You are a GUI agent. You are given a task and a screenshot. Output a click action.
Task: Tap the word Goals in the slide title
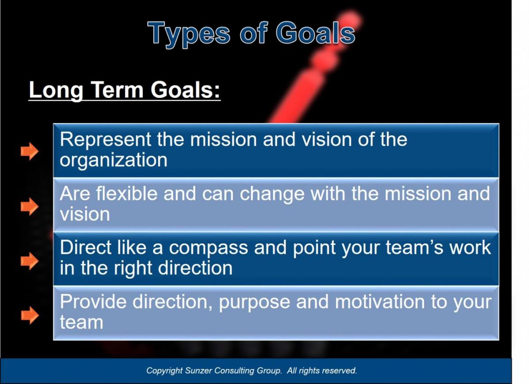[x=315, y=33]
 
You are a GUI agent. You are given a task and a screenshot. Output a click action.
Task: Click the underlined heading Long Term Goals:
[x=124, y=90]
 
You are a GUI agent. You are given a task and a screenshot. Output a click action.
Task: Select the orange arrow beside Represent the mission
[x=30, y=151]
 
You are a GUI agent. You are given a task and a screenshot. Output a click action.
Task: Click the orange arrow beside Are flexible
[x=30, y=206]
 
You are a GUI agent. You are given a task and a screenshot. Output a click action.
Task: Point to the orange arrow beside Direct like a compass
[x=30, y=261]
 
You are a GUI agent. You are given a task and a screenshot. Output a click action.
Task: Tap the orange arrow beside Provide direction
[x=30, y=315]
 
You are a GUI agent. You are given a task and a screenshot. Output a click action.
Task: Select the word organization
[x=113, y=160]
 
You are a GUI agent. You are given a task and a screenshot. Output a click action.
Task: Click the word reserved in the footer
[x=339, y=371]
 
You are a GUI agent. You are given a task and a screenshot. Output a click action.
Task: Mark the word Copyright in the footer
[x=164, y=371]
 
